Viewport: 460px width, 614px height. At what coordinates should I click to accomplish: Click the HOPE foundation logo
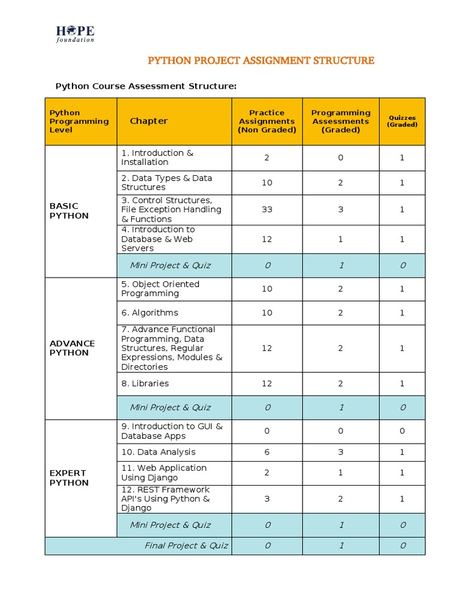[x=75, y=34]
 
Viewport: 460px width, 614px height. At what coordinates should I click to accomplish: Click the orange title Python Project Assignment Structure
[x=261, y=61]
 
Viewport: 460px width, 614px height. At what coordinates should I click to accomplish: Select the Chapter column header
[x=149, y=121]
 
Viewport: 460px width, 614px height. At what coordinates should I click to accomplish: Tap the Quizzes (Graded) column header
[x=402, y=121]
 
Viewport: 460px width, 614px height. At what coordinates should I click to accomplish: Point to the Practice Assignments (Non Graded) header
[x=267, y=121]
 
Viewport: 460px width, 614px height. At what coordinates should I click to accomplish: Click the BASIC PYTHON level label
[x=69, y=211]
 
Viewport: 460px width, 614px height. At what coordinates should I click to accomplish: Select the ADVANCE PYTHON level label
[x=72, y=348]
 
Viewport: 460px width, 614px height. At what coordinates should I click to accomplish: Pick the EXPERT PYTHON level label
[x=69, y=478]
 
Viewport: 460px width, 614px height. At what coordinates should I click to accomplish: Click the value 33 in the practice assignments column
[x=267, y=210]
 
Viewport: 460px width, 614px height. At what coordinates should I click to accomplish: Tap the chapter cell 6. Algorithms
[x=150, y=313]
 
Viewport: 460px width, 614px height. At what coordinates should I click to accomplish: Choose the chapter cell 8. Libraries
[x=145, y=384]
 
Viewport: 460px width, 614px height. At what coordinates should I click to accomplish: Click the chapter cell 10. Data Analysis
[x=158, y=452]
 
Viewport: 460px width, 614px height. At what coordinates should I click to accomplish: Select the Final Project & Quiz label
[x=186, y=546]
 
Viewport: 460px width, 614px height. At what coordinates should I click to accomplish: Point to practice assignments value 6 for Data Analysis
[x=267, y=452]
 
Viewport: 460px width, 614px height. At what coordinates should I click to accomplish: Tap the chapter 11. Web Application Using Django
[x=164, y=473]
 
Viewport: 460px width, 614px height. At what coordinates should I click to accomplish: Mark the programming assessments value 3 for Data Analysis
[x=340, y=452]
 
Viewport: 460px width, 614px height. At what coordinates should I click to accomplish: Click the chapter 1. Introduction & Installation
[x=157, y=158]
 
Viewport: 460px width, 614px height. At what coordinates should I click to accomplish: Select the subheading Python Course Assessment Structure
[x=146, y=86]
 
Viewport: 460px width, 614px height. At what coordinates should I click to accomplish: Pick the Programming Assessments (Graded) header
[x=340, y=121]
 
